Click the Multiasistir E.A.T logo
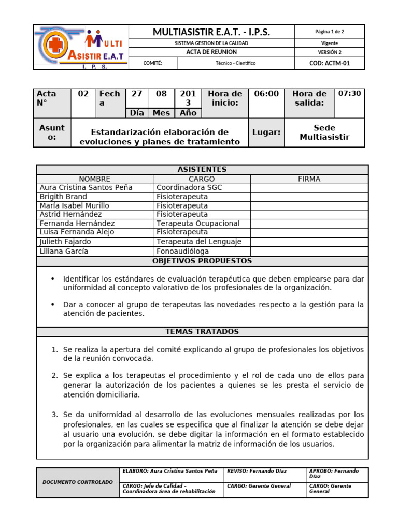tap(80, 47)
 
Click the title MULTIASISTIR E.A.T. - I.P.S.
tap(211, 32)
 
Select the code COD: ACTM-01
tap(329, 63)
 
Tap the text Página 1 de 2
tap(329, 32)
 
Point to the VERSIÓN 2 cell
tap(329, 52)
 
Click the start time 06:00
tap(266, 94)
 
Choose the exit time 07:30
tap(349, 94)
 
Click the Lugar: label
tap(266, 132)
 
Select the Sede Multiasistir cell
tap(324, 132)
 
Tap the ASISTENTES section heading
tap(202, 170)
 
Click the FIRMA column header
tap(309, 179)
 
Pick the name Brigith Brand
tap(63, 197)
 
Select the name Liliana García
tap(64, 251)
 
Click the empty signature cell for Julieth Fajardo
tap(309, 242)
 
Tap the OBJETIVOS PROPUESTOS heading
tap(202, 261)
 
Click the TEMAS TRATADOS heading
tap(202, 331)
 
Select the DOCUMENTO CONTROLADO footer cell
tap(78, 482)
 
